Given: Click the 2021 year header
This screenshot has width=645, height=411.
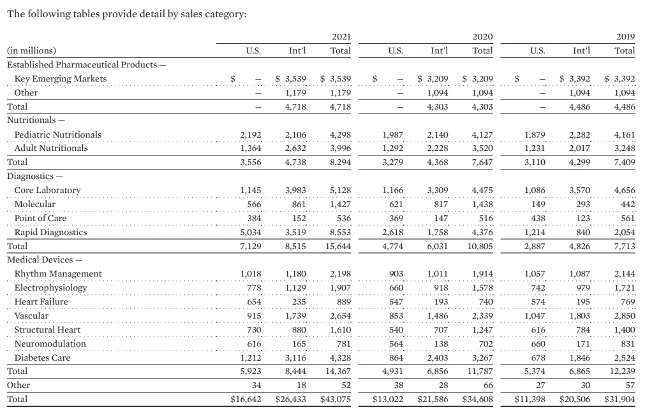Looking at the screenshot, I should [x=341, y=38].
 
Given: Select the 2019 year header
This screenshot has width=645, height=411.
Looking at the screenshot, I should [x=626, y=38].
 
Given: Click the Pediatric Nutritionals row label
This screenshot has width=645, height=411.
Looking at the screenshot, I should [x=57, y=134].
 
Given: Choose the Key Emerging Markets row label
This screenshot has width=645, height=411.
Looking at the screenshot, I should [x=61, y=78].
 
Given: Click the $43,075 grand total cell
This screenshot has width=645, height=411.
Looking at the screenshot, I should [x=336, y=400].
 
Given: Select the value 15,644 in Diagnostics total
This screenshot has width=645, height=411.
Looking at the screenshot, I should [x=338, y=246].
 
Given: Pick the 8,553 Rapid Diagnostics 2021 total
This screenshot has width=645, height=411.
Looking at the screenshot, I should [x=341, y=232].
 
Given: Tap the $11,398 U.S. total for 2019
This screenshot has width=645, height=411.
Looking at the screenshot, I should [x=530, y=400].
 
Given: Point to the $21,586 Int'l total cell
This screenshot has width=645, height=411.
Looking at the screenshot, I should [x=433, y=400].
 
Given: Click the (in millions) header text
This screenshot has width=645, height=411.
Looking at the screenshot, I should [x=31, y=50].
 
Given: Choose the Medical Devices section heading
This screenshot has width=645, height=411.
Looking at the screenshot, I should [x=42, y=259].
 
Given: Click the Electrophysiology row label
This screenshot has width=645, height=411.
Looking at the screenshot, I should [x=50, y=287].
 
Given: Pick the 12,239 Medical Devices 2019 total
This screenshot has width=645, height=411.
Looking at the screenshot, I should [x=623, y=371].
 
